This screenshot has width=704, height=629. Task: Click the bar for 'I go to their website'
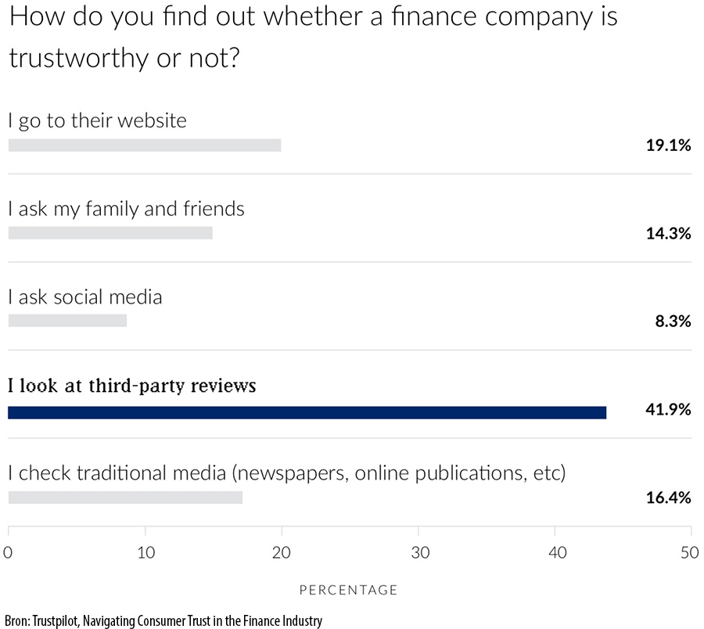(x=144, y=145)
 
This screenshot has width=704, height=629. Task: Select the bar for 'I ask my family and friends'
(x=110, y=233)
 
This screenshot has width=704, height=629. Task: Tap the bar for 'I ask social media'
(x=66, y=321)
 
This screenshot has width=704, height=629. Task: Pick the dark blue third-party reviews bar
(x=307, y=412)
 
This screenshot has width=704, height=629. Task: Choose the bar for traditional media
(x=124, y=498)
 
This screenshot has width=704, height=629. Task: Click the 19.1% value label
(x=668, y=145)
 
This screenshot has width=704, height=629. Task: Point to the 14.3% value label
(x=668, y=233)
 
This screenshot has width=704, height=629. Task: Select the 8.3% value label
(x=673, y=321)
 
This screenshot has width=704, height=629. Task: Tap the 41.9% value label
(x=668, y=409)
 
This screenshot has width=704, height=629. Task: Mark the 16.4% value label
(x=668, y=498)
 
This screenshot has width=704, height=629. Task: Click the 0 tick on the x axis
(x=8, y=553)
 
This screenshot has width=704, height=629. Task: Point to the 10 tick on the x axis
(x=145, y=553)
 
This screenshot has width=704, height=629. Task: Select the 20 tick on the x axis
(x=282, y=553)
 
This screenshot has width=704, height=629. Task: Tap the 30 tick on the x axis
(x=418, y=553)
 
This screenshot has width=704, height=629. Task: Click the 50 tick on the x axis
(x=690, y=553)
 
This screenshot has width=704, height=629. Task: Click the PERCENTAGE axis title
(x=349, y=590)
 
